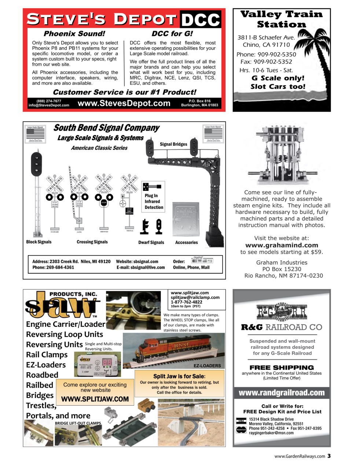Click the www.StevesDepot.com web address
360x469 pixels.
click(124, 103)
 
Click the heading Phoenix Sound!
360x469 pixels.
click(74, 34)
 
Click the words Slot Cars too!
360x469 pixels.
click(278, 87)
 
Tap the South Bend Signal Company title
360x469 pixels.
click(106, 128)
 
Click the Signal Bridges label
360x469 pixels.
click(173, 144)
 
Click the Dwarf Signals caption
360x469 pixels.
click(151, 242)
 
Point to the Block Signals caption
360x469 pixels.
click(39, 242)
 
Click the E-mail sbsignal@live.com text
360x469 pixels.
click(141, 267)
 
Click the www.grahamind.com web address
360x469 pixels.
click(282, 245)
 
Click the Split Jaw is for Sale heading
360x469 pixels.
click(179, 376)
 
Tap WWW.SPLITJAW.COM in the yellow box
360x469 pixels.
click(95, 399)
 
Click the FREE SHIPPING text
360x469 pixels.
click(282, 368)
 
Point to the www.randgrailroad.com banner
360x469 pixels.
click(282, 393)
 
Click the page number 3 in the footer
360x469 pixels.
click(329, 456)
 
